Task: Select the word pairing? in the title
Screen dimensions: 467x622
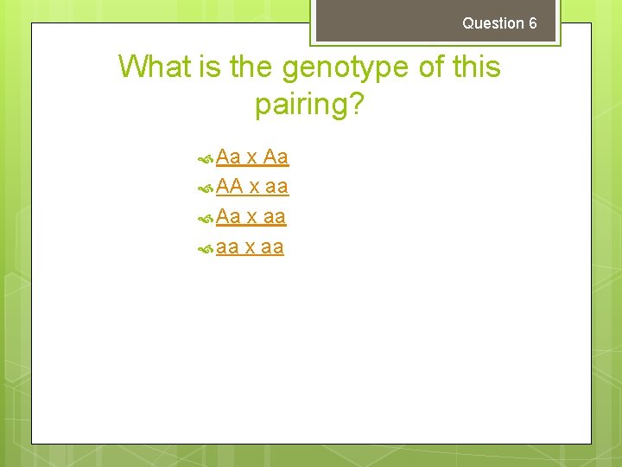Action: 310,106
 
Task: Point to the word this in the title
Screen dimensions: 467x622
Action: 473,67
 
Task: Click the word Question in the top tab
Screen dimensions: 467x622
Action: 493,23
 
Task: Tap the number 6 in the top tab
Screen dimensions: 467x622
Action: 533,23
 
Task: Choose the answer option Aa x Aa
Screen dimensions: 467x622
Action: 251,157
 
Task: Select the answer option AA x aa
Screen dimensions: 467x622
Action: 251,187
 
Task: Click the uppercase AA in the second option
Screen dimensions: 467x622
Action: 230,187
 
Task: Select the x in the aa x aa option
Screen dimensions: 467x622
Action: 250,248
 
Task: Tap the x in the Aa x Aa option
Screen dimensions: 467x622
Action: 252,158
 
